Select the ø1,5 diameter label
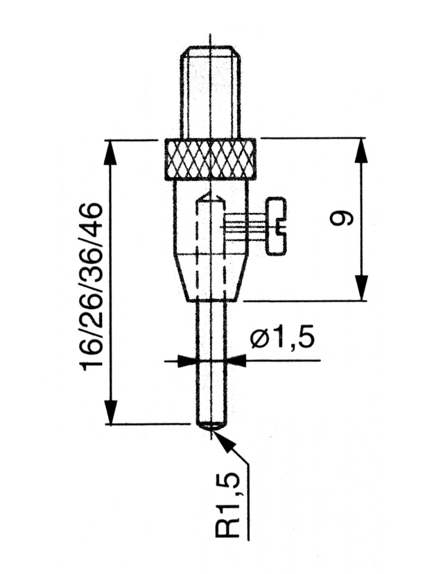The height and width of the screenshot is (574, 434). [282, 339]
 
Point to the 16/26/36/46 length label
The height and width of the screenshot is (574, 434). [92, 287]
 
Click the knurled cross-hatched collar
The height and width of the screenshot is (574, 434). [210, 159]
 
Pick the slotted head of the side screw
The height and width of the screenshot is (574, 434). [277, 226]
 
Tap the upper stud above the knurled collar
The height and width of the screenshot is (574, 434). [210, 92]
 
